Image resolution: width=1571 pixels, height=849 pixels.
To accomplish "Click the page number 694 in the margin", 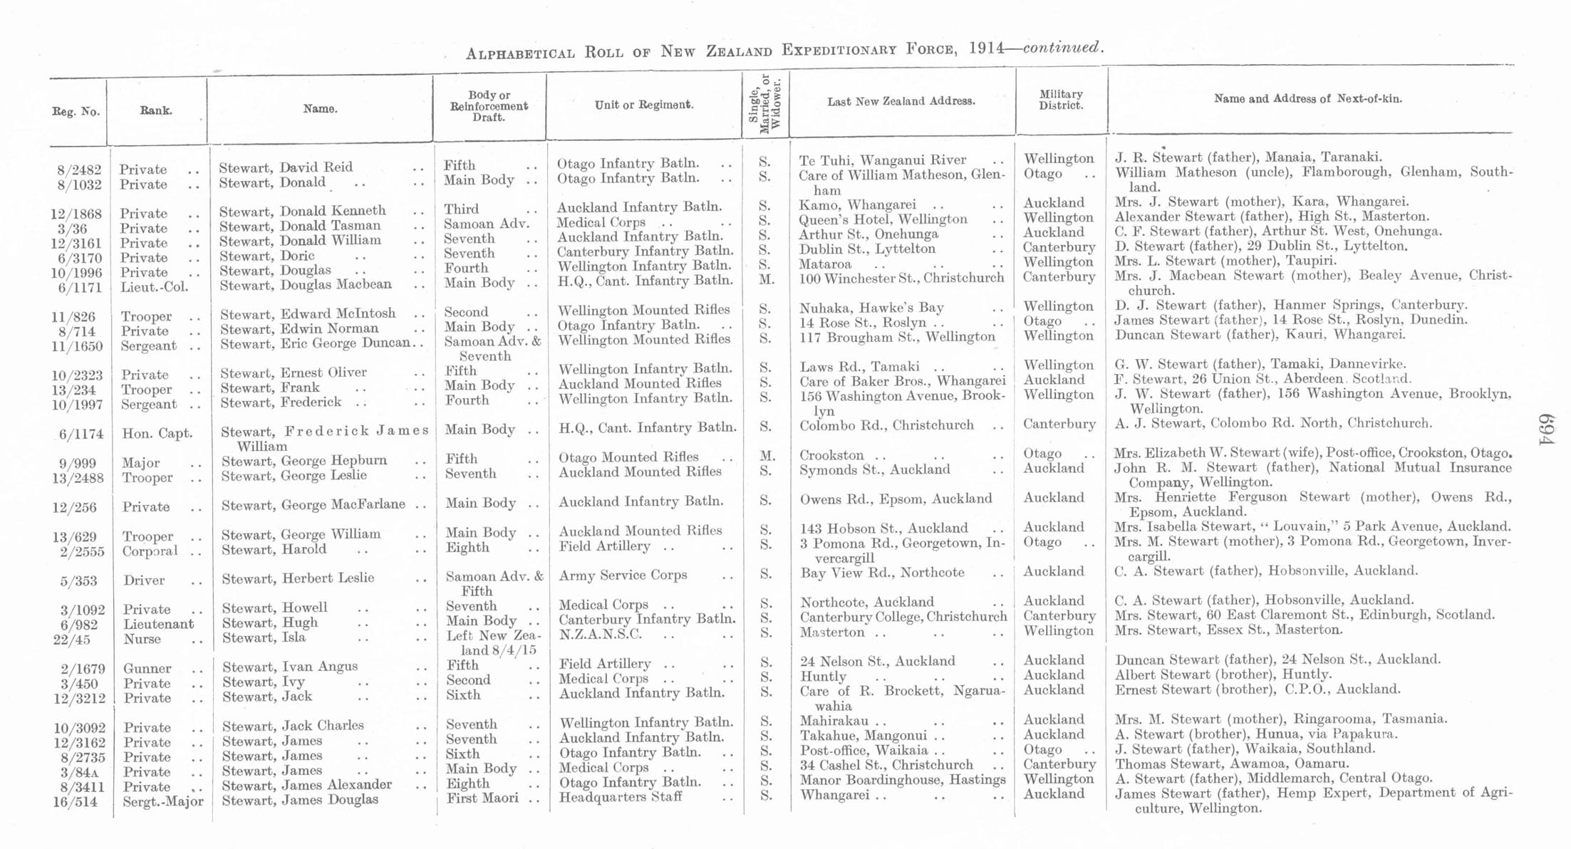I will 1545,429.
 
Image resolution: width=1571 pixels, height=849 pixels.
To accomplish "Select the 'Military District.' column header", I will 1061,100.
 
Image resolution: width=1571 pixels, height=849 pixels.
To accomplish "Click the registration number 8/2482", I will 79,170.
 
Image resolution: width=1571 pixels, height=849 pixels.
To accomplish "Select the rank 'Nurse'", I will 142,639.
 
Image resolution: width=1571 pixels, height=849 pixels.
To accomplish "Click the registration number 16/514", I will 76,802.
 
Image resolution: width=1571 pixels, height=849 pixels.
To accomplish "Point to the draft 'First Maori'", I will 482,798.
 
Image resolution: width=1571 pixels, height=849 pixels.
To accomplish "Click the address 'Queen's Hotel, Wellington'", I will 883,219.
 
